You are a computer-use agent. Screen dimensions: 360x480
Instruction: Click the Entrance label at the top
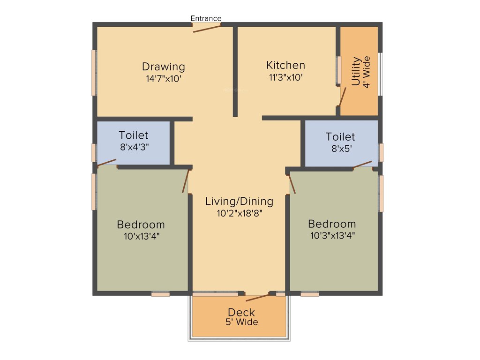pyautogui.click(x=206, y=18)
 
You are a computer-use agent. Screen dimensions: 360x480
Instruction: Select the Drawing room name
pyautogui.click(x=164, y=67)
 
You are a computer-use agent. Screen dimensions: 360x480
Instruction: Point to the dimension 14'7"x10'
pyautogui.click(x=164, y=78)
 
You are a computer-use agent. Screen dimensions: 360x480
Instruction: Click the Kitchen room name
pyautogui.click(x=285, y=65)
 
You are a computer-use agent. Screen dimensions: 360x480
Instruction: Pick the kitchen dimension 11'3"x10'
pyautogui.click(x=285, y=77)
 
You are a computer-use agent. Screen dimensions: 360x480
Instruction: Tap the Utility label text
pyautogui.click(x=356, y=71)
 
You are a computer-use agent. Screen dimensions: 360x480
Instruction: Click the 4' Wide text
pyautogui.click(x=367, y=72)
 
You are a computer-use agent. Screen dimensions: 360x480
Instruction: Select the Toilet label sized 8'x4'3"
pyautogui.click(x=133, y=135)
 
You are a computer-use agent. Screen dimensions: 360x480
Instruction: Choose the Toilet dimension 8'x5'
pyautogui.click(x=340, y=149)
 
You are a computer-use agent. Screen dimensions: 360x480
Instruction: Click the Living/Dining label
pyautogui.click(x=239, y=202)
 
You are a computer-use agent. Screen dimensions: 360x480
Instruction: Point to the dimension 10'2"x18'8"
pyautogui.click(x=239, y=213)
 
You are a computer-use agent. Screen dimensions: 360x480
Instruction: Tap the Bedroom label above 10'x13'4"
pyautogui.click(x=141, y=225)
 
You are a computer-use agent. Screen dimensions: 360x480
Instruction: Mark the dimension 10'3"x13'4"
pyautogui.click(x=332, y=235)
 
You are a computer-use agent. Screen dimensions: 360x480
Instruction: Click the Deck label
pyautogui.click(x=241, y=312)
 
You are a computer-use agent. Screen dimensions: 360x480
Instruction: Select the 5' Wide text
pyautogui.click(x=241, y=322)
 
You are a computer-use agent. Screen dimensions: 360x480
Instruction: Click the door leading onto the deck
pyautogui.click(x=257, y=297)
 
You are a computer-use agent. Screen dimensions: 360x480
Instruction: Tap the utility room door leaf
pyautogui.click(x=343, y=97)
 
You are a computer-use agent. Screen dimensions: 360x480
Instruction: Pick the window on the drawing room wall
pyautogui.click(x=94, y=73)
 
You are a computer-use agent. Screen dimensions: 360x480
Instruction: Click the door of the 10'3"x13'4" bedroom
pyautogui.click(x=292, y=183)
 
